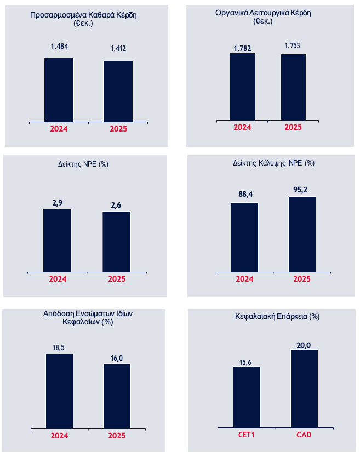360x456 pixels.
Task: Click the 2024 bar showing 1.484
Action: (x=59, y=89)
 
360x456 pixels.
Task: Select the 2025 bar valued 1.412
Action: (x=118, y=91)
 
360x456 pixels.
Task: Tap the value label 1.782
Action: (x=242, y=48)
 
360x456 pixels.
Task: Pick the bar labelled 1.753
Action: (x=294, y=87)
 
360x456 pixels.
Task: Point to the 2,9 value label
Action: (x=57, y=203)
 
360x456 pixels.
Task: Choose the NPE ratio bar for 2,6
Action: (x=116, y=241)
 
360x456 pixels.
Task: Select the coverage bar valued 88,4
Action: (x=244, y=237)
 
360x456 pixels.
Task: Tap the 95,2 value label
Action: (x=302, y=190)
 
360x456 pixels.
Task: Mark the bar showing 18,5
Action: (x=59, y=391)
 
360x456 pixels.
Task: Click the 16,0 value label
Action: (x=117, y=358)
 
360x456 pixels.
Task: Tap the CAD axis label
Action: (x=304, y=435)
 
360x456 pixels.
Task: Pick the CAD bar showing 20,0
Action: (x=304, y=389)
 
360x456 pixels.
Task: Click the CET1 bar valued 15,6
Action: (x=247, y=397)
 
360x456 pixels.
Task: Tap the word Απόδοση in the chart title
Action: (x=57, y=314)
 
